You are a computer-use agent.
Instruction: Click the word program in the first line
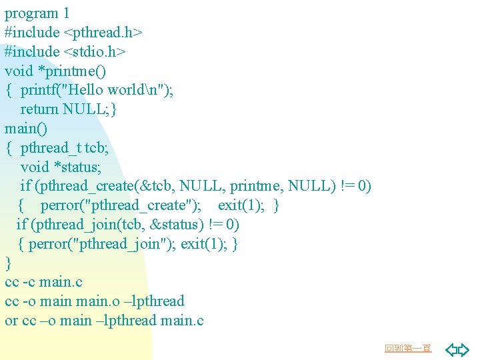(x=31, y=13)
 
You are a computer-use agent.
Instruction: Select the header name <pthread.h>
(x=104, y=32)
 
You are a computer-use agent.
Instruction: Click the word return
(x=39, y=109)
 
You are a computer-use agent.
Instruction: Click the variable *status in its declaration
(x=77, y=167)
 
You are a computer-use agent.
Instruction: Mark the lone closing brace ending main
(x=8, y=263)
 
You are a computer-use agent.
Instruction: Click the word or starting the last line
(x=11, y=321)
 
